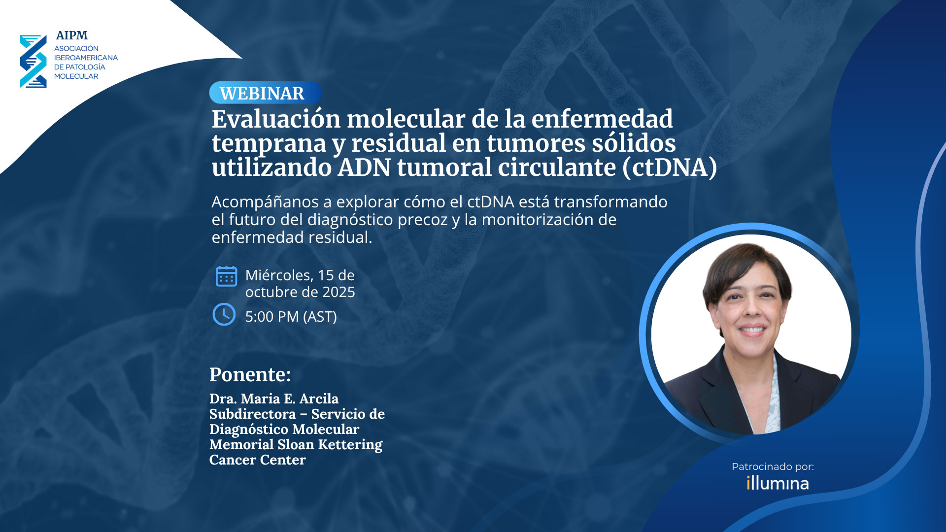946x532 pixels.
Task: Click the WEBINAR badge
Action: coord(266,93)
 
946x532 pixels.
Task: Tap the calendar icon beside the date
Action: coord(226,276)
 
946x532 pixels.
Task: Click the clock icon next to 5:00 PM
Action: coord(224,314)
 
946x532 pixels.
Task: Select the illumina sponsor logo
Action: coord(777,483)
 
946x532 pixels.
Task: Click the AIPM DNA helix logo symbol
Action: coord(33,61)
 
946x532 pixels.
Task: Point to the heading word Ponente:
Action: coord(250,374)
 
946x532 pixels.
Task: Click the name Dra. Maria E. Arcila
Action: coord(274,399)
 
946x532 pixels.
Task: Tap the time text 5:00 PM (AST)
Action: coord(291,317)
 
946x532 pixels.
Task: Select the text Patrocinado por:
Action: coord(773,466)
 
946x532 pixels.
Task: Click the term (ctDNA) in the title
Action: coord(670,167)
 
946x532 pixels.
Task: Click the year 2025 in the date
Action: coord(339,292)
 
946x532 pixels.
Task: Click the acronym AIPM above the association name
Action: coord(72,35)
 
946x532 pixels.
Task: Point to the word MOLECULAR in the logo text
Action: coord(76,76)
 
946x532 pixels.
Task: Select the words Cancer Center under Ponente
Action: coord(258,460)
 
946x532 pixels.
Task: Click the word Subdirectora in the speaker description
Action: coord(253,414)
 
